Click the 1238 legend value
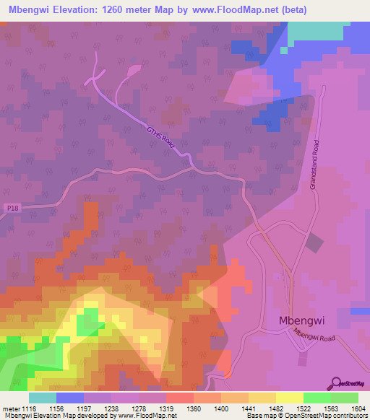(x=114, y=408)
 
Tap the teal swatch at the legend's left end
(x=43, y=398)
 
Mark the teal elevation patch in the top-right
(x=315, y=31)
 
